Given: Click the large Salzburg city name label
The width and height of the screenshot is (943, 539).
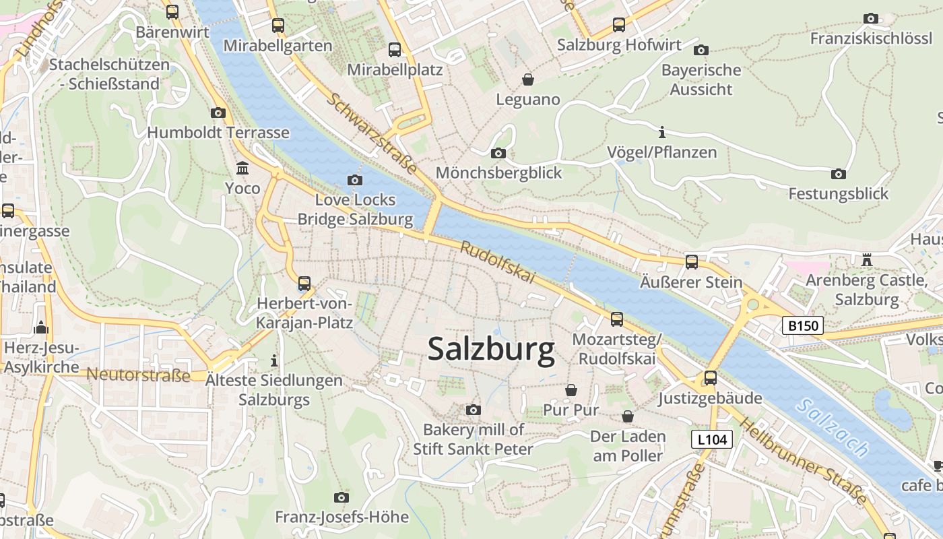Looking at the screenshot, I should [x=491, y=349].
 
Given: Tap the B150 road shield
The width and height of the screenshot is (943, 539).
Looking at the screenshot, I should [x=803, y=326].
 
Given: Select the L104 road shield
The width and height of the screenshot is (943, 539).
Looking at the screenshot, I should [x=711, y=440].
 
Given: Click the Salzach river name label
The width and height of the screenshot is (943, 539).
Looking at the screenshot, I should [x=832, y=427].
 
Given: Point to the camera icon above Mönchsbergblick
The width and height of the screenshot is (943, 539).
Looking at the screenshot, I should [x=498, y=154].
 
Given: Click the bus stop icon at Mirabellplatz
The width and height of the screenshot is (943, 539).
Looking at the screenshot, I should [x=395, y=50].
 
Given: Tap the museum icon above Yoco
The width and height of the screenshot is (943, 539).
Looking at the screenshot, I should [x=242, y=168].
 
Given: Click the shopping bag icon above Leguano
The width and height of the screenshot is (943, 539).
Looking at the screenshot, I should [x=528, y=80].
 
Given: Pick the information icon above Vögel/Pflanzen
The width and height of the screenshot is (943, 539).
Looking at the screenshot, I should [x=662, y=132].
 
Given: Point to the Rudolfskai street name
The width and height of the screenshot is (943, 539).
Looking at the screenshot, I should [x=497, y=262].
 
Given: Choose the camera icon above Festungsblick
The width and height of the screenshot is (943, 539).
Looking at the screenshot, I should [x=839, y=175].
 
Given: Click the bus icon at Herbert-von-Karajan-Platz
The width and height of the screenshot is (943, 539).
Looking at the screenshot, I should [x=304, y=284].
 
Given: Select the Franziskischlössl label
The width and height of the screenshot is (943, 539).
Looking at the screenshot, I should [x=870, y=38].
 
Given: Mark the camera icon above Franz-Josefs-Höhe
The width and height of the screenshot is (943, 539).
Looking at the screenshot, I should [x=342, y=498].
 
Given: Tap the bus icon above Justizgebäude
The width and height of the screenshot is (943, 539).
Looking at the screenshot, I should [x=710, y=378].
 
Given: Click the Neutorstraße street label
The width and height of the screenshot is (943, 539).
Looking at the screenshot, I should [x=139, y=375].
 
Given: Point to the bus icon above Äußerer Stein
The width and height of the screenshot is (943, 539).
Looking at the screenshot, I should [x=692, y=262].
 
